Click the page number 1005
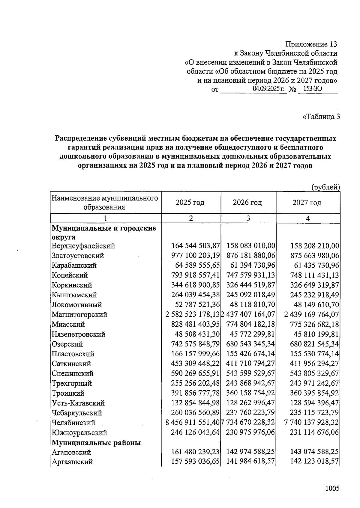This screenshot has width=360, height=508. click(332, 489)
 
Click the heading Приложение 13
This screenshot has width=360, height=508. click(311, 45)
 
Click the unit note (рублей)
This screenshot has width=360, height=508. click(326, 187)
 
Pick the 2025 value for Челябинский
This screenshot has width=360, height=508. click(193, 423)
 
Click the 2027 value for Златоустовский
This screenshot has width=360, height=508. click(315, 256)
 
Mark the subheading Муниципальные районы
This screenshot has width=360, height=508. click(96, 442)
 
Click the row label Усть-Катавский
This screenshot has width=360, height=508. click(78, 403)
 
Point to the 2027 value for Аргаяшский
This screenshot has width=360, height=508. click(315, 462)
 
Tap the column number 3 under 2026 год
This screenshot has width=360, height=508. click(248, 218)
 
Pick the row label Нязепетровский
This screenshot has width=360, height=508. click(78, 334)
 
